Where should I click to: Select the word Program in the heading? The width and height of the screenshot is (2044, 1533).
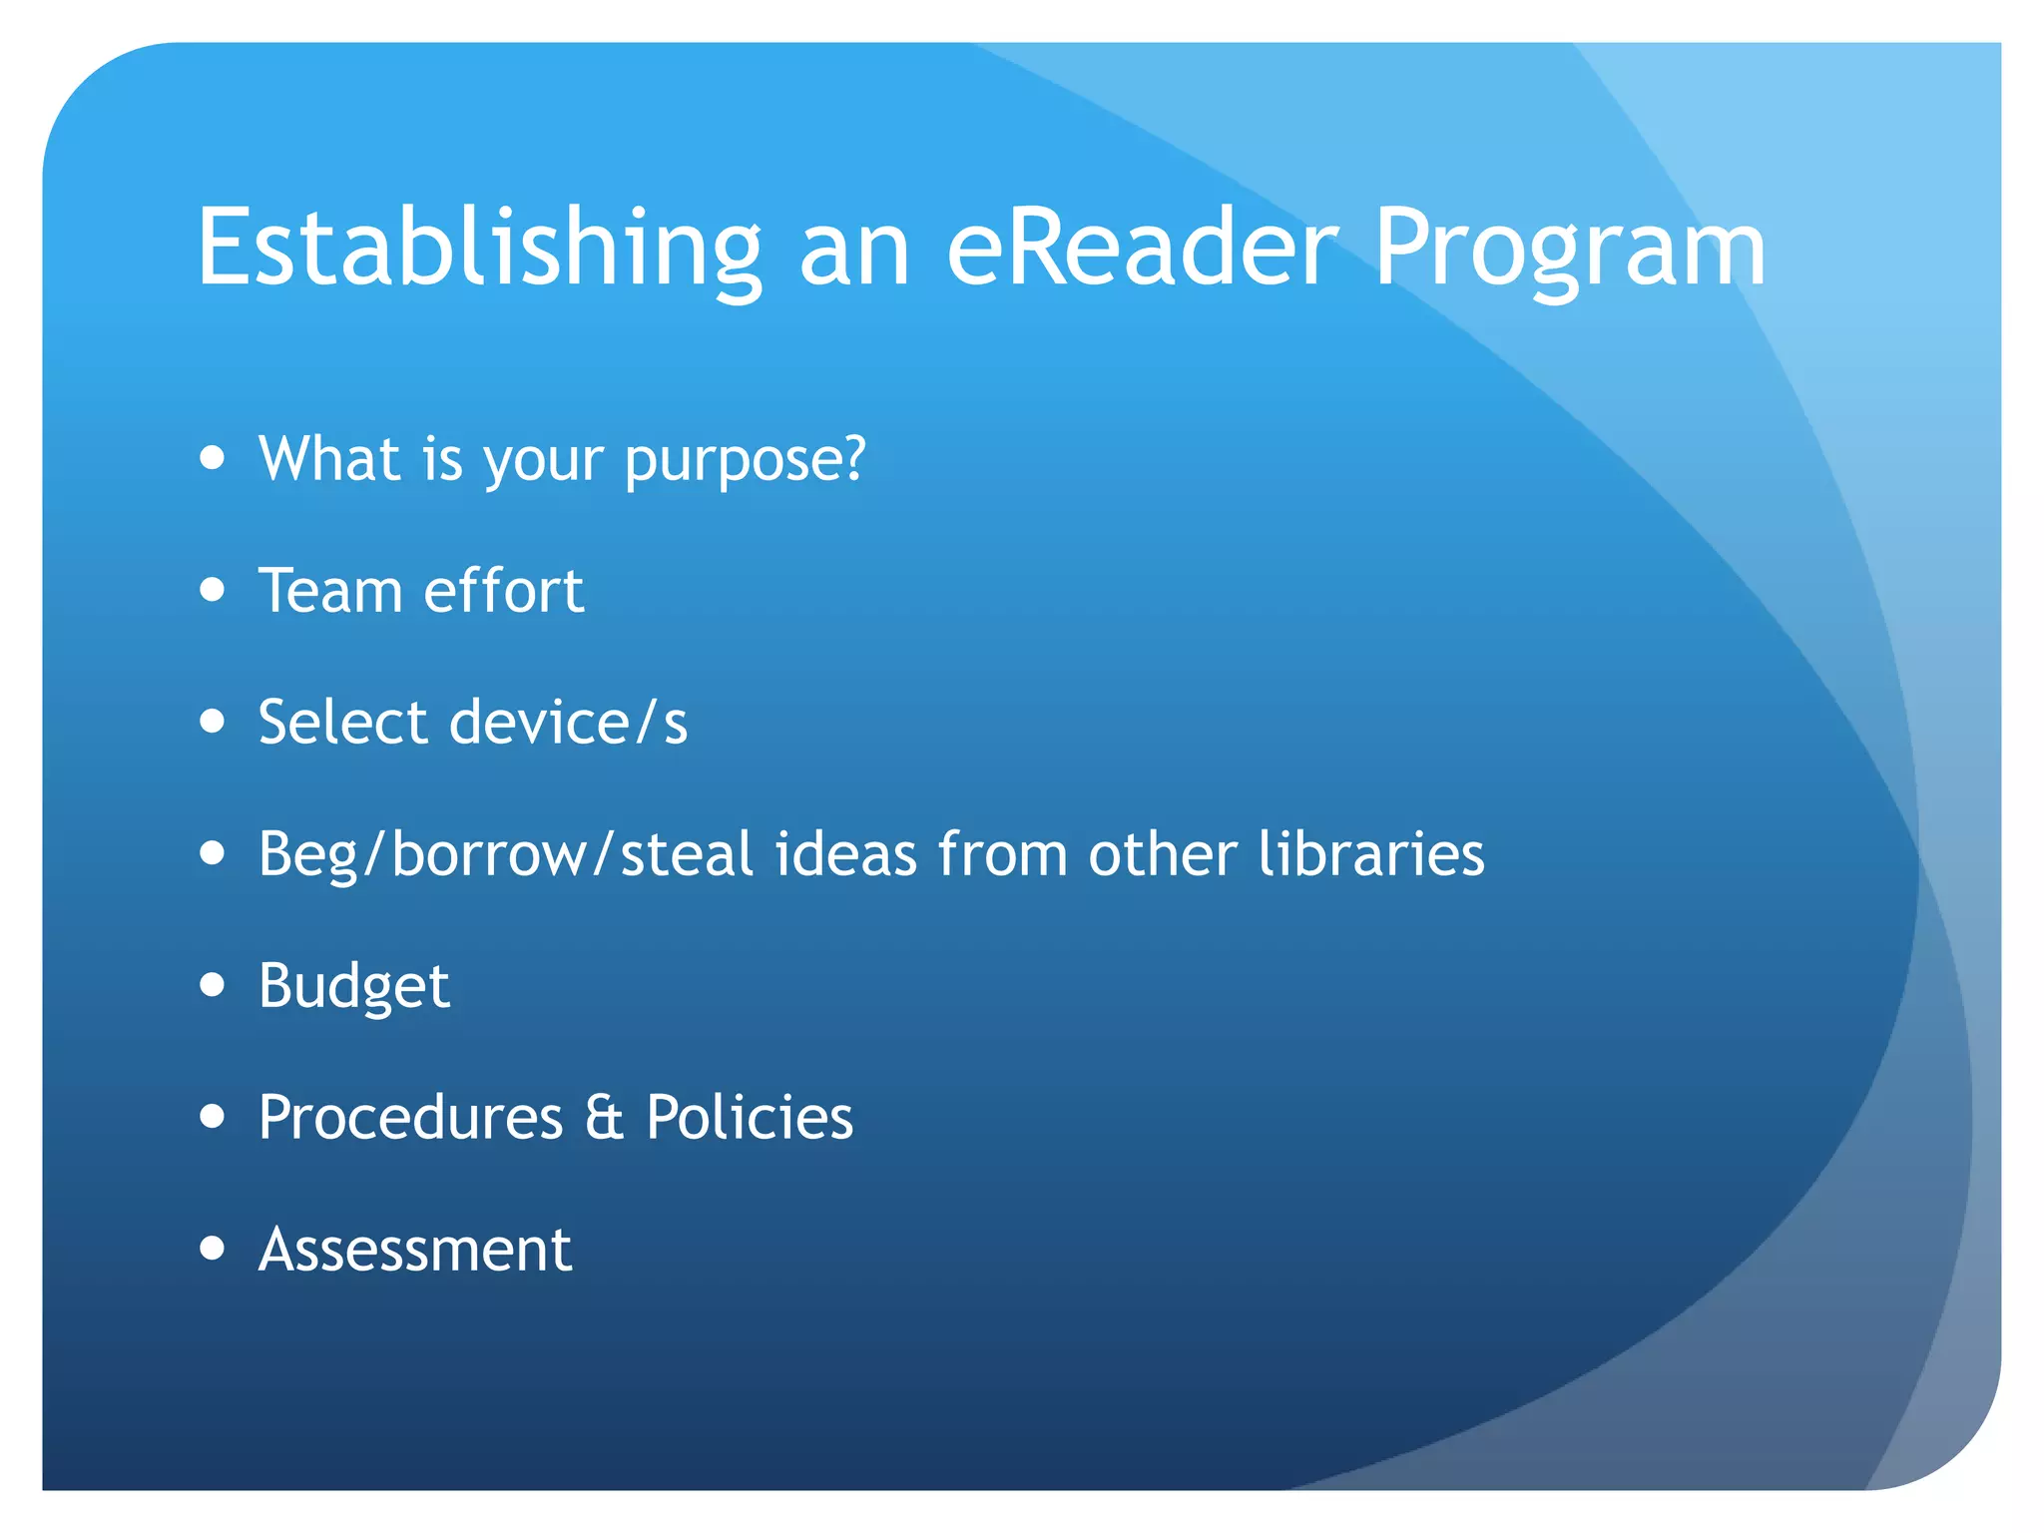point(1569,248)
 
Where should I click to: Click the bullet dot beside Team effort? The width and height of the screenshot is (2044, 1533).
point(212,590)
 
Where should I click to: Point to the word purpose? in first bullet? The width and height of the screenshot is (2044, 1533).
point(745,460)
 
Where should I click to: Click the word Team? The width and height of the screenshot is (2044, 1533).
point(329,590)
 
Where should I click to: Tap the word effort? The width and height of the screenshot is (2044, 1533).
point(503,590)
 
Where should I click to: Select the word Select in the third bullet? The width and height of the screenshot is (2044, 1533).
point(342,722)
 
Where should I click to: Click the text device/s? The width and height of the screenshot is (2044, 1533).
point(568,722)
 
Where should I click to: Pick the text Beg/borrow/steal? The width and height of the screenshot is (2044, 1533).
point(505,854)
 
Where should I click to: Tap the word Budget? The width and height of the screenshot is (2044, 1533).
point(353,986)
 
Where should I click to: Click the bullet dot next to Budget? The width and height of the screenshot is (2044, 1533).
point(212,985)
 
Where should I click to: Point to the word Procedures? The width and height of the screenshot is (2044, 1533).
point(410,1117)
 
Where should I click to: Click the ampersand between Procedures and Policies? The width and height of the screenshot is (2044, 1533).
point(604,1117)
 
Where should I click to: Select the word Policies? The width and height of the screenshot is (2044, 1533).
point(750,1117)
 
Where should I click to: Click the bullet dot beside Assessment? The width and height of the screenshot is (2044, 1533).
point(212,1248)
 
